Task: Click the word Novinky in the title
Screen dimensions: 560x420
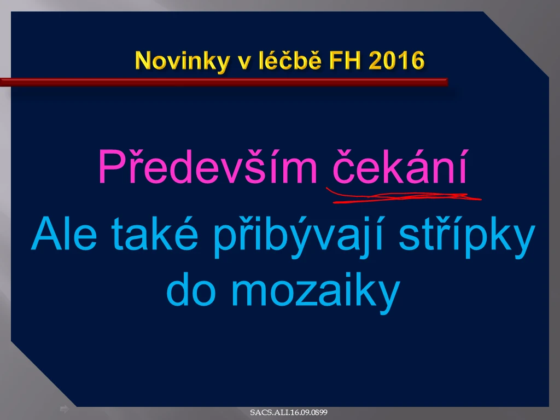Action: pyautogui.click(x=183, y=61)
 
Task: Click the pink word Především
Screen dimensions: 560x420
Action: pyautogui.click(x=208, y=166)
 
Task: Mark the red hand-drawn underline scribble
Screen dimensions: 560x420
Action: pyautogui.click(x=404, y=196)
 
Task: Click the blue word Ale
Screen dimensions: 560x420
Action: pyautogui.click(x=65, y=234)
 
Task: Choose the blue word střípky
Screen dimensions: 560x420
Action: pyautogui.click(x=467, y=236)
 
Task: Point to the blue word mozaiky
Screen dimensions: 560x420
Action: pyautogui.click(x=316, y=293)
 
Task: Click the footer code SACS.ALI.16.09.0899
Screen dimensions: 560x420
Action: pyautogui.click(x=289, y=412)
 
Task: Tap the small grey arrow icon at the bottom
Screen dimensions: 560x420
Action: pyautogui.click(x=65, y=409)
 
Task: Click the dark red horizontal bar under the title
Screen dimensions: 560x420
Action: pyautogui.click(x=224, y=82)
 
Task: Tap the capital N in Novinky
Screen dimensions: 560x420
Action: pyautogui.click(x=144, y=60)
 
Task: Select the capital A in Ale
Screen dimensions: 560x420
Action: pyautogui.click(x=46, y=234)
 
